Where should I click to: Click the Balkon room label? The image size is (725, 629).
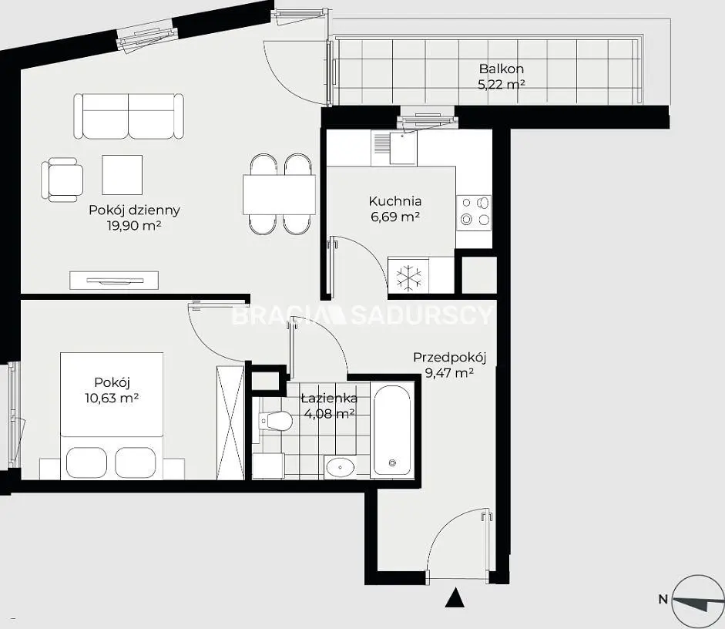502,69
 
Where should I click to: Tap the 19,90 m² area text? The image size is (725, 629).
133,226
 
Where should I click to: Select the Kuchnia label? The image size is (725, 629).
395,201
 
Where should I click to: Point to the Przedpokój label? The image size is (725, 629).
449,358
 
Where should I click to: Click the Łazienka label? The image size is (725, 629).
329,399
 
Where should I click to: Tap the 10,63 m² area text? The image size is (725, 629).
112,398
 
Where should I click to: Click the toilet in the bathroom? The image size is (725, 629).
276,421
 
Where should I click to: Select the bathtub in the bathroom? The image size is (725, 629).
392,429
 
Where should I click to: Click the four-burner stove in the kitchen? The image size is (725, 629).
474,214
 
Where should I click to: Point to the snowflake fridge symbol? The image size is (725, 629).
410,278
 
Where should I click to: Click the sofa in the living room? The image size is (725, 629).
129,116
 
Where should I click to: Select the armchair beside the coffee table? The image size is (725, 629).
63,180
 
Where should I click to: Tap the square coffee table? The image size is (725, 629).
122,175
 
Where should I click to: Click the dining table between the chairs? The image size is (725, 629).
279,194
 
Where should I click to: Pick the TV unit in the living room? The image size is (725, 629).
114,281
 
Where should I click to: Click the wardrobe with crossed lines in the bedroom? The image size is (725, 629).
230,422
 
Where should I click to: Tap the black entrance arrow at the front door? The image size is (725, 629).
455,597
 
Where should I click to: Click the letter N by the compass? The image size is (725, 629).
663,600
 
